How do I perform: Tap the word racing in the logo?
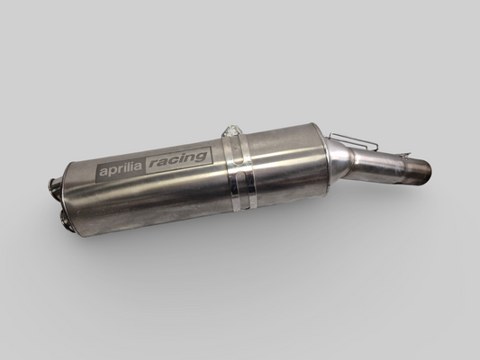coord(177,159)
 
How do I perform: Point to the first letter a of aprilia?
coord(104,173)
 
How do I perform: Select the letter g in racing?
coord(201,157)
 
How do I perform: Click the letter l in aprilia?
coord(130,167)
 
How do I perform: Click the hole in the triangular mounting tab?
coord(232,130)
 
